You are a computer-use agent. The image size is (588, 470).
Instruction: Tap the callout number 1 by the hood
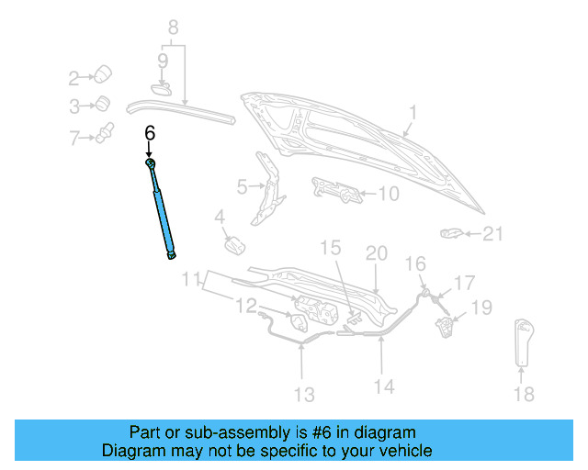pyautogui.click(x=413, y=113)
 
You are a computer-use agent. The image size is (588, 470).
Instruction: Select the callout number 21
pyautogui.click(x=494, y=235)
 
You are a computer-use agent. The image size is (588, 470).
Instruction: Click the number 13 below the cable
pyautogui.click(x=303, y=395)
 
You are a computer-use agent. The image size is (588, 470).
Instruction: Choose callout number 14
pyautogui.click(x=384, y=386)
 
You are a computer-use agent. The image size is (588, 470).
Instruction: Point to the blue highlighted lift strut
pyautogui.click(x=163, y=210)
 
